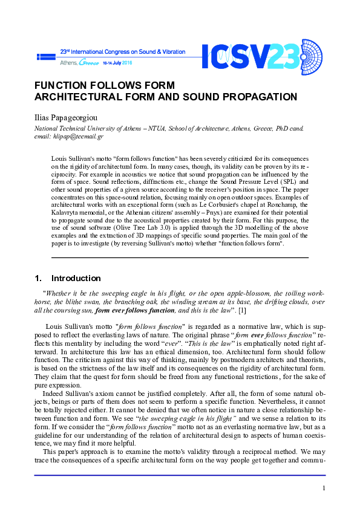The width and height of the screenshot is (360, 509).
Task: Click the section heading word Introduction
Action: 76,279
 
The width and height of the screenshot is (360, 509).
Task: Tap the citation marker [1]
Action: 242,311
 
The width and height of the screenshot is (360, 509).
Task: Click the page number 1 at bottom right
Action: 324,488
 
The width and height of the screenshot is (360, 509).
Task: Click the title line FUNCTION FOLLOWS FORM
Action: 105,85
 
